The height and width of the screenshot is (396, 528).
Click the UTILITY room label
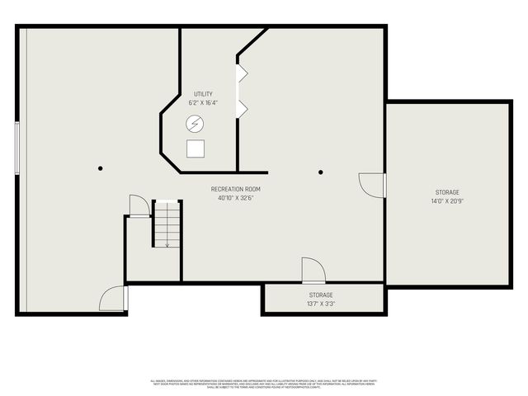click(x=203, y=94)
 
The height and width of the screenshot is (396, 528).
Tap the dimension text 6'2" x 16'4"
click(x=203, y=103)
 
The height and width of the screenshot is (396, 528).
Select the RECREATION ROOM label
click(x=236, y=189)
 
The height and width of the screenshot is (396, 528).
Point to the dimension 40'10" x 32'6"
click(x=236, y=198)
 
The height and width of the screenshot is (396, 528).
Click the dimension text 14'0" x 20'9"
click(x=448, y=201)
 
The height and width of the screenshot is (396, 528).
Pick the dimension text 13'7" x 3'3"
click(x=322, y=304)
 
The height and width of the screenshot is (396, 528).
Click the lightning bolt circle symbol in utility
click(x=196, y=125)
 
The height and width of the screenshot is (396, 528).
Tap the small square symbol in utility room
click(x=196, y=148)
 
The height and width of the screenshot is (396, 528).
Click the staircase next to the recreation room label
click(x=167, y=224)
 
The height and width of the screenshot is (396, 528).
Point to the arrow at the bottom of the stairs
click(x=167, y=243)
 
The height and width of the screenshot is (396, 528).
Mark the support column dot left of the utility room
click(x=101, y=168)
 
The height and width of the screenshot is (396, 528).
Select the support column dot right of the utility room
click(x=321, y=172)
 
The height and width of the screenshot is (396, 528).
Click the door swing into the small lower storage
click(x=313, y=271)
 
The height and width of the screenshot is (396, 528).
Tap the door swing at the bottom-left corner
click(x=113, y=299)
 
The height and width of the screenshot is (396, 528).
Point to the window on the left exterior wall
click(x=16, y=148)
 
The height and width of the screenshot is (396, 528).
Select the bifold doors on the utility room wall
click(x=243, y=91)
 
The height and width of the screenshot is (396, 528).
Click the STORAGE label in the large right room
click(x=448, y=192)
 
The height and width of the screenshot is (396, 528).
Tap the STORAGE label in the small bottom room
click(x=322, y=295)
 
